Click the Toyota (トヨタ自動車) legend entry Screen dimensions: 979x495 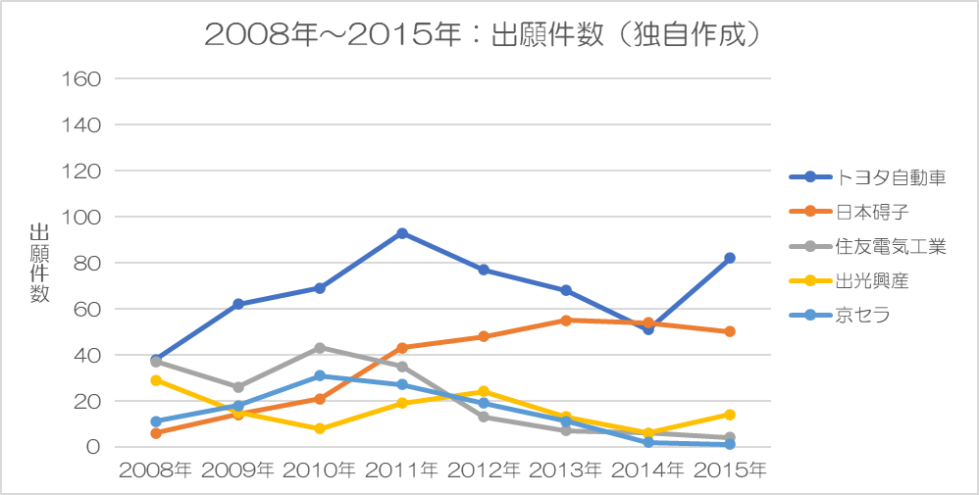(867, 177)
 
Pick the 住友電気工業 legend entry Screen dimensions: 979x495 (867, 247)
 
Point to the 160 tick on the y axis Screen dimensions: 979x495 (79, 78)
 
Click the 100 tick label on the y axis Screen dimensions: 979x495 (79, 218)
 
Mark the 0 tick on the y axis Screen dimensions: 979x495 (93, 448)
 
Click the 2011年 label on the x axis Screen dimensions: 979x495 (401, 470)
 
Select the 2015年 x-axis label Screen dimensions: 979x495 (729, 470)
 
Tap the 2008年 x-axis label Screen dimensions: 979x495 (156, 470)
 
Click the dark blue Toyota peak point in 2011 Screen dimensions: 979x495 (402, 233)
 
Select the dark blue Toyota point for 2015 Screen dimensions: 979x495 (729, 258)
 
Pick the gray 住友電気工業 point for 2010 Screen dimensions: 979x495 (320, 348)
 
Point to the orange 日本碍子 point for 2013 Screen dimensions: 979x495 (566, 321)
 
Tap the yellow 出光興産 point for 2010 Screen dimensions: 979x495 (320, 428)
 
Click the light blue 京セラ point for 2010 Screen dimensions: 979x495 (320, 375)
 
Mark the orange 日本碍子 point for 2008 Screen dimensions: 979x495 (156, 433)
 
